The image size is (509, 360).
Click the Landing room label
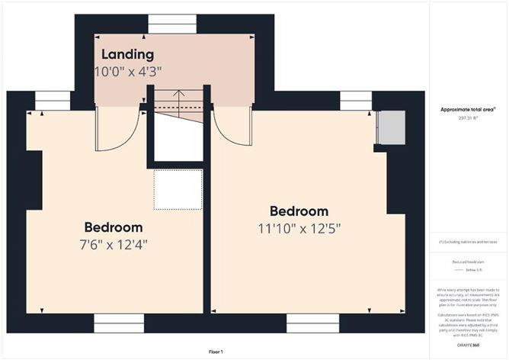point(128,55)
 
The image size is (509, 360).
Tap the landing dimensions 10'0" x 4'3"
point(128,72)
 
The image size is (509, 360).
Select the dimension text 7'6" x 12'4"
point(114,245)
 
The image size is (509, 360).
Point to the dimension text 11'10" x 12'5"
point(298,227)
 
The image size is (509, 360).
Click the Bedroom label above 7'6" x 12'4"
point(114,227)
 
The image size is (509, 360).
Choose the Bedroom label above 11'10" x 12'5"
point(298,211)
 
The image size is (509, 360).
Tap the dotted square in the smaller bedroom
point(178,189)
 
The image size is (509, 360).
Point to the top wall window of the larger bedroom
point(355,101)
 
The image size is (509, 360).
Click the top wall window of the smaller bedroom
point(52,101)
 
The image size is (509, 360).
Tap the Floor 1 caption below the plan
point(216,352)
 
